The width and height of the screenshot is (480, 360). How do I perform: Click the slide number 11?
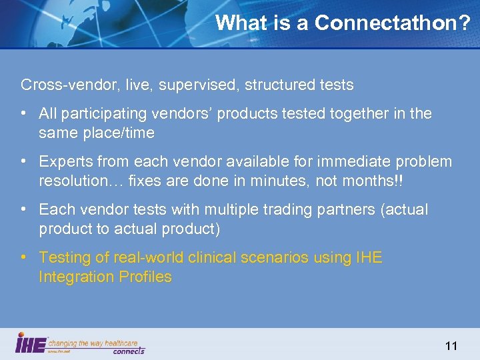[x=451, y=345]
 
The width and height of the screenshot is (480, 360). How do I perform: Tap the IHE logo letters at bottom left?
[x=31, y=343]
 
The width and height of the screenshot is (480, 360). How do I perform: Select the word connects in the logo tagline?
[x=128, y=350]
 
